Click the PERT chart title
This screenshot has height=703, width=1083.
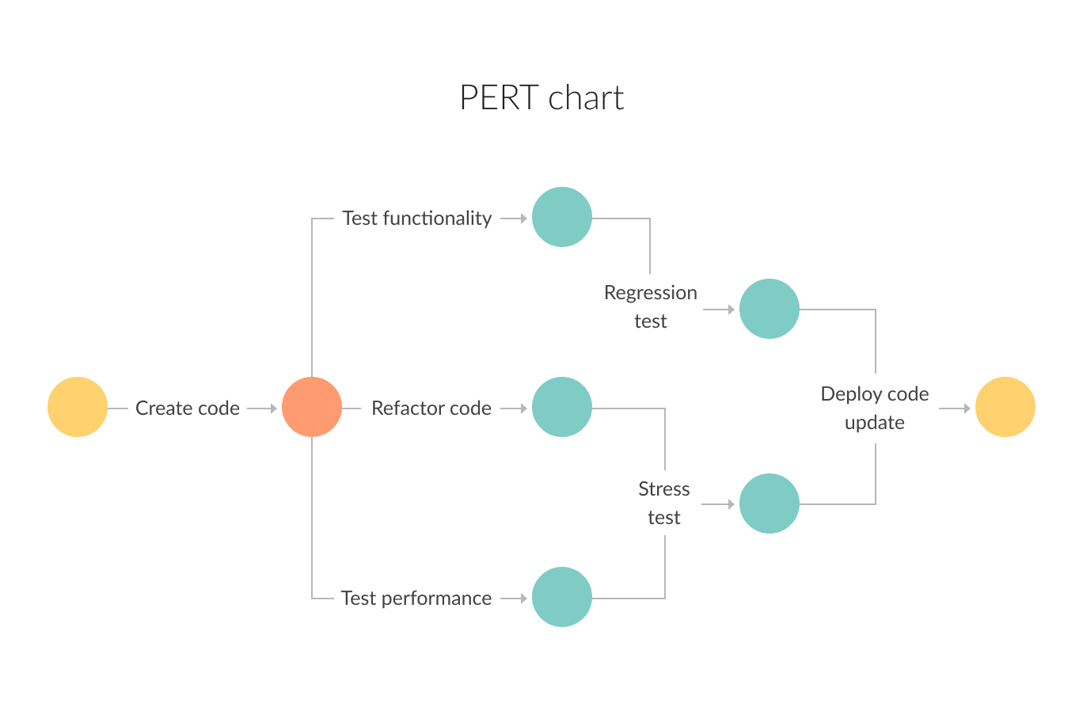pos(541,97)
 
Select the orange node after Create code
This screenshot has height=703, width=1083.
pos(312,407)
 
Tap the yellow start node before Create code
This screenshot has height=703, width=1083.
pos(78,407)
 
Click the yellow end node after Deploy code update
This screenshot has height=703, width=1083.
pos(1005,407)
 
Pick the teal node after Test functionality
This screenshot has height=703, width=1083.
pos(562,217)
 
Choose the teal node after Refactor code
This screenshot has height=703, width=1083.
pos(562,407)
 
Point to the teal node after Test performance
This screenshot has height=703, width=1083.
pos(562,597)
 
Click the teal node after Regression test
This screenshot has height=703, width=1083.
pos(769,309)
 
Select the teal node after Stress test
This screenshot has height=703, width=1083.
pos(769,503)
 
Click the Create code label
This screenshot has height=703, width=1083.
pos(188,408)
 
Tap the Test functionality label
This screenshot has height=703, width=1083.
pos(417,218)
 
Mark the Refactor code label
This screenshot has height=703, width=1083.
pos(431,408)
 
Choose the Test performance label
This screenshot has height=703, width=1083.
pos(416,598)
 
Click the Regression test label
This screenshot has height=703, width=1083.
pos(651,306)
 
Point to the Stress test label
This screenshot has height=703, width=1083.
pos(664,503)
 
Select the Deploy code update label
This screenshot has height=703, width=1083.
pos(875,408)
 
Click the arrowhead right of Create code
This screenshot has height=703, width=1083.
pos(272,408)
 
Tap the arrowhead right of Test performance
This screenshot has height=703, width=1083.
pos(522,598)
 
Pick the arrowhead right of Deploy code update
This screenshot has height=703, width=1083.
pos(966,408)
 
